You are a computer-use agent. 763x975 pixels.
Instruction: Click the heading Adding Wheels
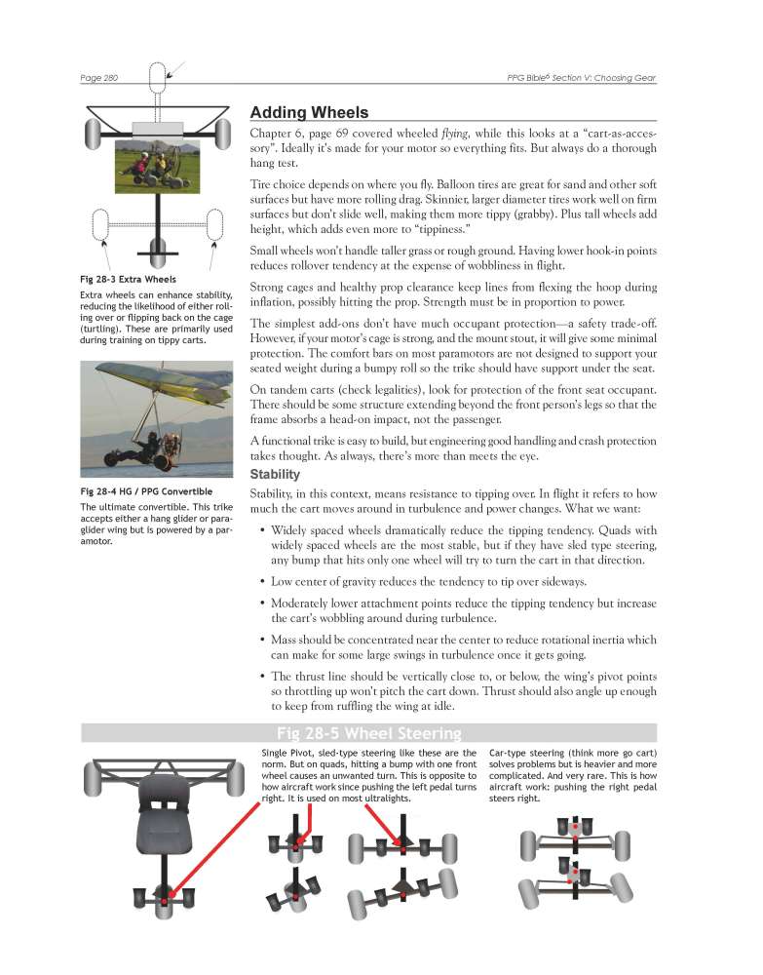(x=309, y=113)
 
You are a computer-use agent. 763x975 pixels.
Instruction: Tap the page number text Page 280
(x=98, y=76)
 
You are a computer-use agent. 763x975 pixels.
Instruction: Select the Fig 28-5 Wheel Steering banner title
(x=368, y=733)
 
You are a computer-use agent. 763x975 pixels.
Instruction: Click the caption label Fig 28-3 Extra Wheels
(x=129, y=279)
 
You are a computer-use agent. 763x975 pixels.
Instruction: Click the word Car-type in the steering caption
(x=510, y=754)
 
